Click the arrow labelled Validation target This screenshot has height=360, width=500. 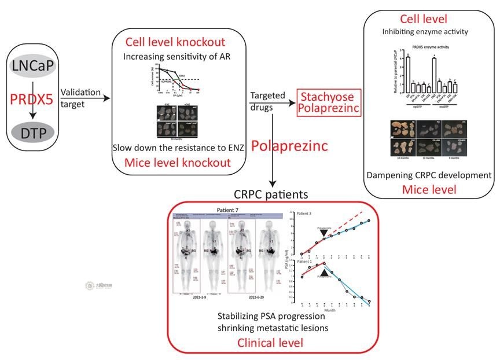click(x=87, y=99)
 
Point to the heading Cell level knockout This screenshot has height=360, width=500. click(x=175, y=42)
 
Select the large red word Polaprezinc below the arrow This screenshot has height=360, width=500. click(x=312, y=145)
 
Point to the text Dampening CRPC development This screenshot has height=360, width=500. click(x=428, y=175)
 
